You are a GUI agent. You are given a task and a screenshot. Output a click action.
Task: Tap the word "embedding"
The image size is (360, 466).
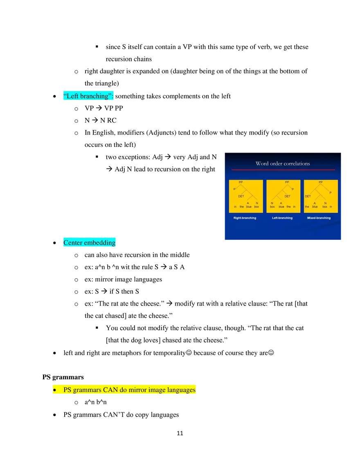[x=100, y=243]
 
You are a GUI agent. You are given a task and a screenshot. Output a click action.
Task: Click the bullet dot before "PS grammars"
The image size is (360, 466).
[x=54, y=390]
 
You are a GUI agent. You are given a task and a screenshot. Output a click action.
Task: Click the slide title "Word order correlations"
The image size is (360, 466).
[x=283, y=164]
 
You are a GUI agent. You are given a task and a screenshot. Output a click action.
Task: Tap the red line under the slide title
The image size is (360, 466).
[x=283, y=169]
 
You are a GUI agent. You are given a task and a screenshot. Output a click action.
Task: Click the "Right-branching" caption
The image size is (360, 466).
[x=245, y=218]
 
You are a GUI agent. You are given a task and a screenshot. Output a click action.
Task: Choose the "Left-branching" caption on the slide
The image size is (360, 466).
[x=282, y=218]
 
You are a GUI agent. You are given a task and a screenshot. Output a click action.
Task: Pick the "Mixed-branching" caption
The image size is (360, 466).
[x=319, y=218]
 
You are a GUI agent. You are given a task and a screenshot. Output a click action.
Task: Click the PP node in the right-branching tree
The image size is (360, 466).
[x=241, y=182]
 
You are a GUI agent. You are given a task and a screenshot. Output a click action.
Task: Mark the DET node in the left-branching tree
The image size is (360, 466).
[x=287, y=196]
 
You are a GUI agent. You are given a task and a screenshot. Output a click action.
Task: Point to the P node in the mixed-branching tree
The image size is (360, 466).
[x=331, y=193]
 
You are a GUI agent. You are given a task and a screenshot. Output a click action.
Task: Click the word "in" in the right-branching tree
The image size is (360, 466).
[x=235, y=207]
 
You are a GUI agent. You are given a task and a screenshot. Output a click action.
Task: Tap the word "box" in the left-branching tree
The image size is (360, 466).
[x=272, y=207]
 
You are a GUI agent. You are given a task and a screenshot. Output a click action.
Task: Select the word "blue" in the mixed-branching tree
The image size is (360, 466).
[x=315, y=207]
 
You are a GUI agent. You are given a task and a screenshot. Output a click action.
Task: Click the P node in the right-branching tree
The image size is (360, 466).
[x=234, y=189]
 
